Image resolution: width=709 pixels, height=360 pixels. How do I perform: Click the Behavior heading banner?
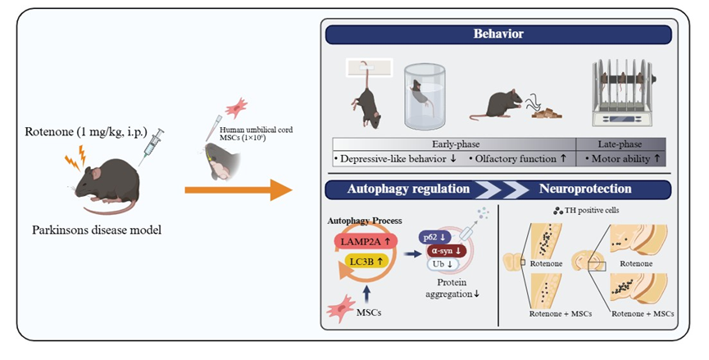[x=498, y=34]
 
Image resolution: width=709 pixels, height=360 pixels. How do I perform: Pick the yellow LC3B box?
[x=361, y=262]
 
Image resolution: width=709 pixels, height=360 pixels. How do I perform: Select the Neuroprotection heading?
[x=585, y=188]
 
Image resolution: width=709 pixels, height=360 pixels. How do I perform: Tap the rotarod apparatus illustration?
[x=625, y=92]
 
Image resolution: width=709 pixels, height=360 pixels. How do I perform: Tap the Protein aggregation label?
[x=453, y=289]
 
